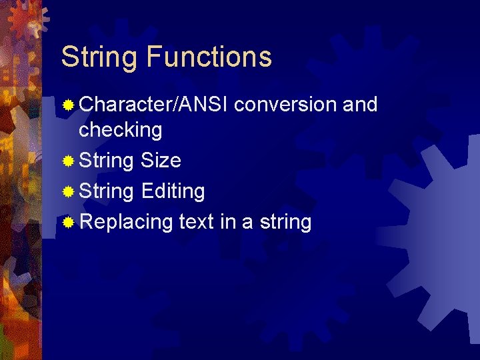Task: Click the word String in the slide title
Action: (99, 57)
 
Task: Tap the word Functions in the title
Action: (209, 57)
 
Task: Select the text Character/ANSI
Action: (154, 105)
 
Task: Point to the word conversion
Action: (285, 105)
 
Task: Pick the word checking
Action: (120, 130)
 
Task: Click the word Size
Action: (161, 161)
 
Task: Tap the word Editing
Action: (173, 192)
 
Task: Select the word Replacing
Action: (126, 222)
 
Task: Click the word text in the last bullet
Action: (197, 222)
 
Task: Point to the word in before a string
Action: (228, 222)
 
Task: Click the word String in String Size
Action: (106, 161)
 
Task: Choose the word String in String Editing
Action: (106, 192)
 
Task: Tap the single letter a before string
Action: (247, 223)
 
